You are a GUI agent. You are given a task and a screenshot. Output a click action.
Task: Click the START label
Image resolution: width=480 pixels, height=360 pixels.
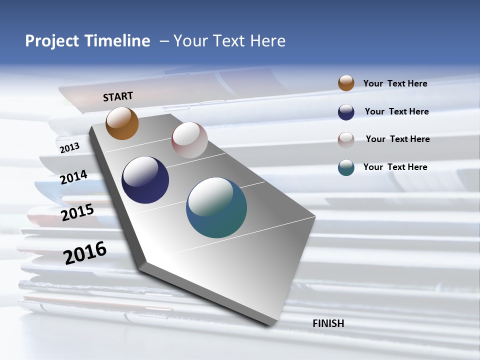(118, 96)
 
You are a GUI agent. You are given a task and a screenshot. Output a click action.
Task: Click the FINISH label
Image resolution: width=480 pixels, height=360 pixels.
(328, 323)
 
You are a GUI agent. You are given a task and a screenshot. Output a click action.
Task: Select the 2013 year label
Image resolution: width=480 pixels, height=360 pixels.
(69, 148)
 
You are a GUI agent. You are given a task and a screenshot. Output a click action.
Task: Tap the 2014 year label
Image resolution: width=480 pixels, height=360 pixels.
(74, 177)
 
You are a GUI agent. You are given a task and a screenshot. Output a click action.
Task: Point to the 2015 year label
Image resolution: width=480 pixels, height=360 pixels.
(77, 212)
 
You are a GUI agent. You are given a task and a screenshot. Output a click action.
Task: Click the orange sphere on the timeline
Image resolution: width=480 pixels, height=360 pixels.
(122, 123)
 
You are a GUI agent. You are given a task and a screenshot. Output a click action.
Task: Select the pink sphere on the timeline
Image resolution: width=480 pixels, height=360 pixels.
(189, 140)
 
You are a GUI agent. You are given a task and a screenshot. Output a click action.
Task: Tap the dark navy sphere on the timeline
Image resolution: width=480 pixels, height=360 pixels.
(145, 180)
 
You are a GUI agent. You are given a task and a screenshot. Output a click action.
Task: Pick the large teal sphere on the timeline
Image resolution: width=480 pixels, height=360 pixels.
(216, 207)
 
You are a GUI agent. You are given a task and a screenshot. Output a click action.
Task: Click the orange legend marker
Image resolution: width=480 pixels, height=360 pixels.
(346, 83)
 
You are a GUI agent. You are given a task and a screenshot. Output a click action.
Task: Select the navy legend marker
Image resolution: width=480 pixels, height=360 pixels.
(346, 112)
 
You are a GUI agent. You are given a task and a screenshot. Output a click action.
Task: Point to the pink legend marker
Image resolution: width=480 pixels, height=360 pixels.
(346, 139)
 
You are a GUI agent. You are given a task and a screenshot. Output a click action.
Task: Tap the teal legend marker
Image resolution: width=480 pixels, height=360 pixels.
(346, 167)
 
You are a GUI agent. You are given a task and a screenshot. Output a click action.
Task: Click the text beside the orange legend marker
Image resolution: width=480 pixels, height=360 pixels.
(395, 83)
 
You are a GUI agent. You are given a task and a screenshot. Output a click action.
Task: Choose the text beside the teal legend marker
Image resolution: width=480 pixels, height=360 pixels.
(395, 167)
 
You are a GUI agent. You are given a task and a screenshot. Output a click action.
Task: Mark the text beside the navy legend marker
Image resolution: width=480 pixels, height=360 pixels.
(396, 111)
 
